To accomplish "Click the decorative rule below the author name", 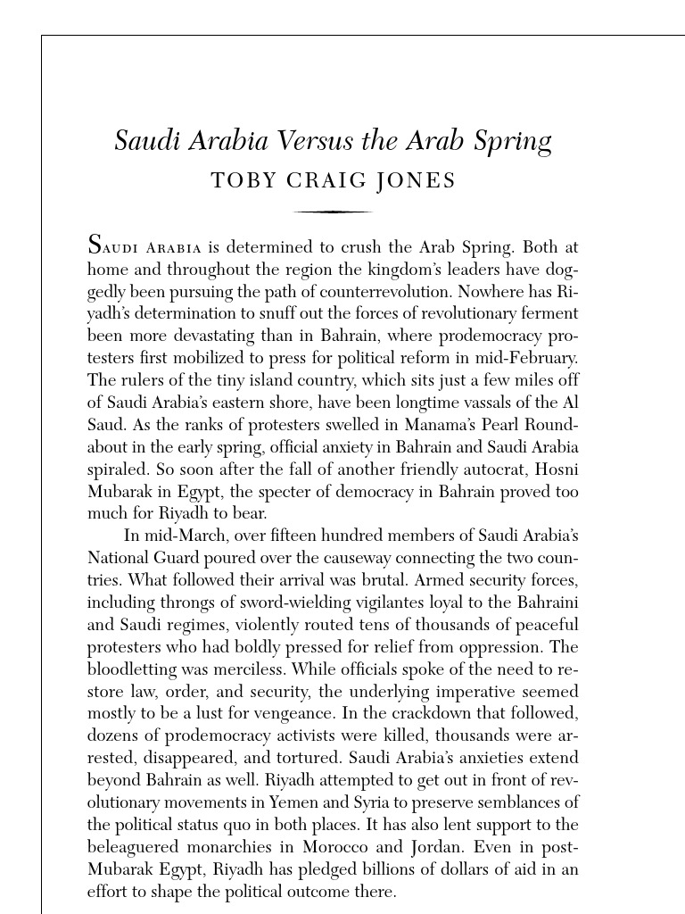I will pos(333,212).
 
